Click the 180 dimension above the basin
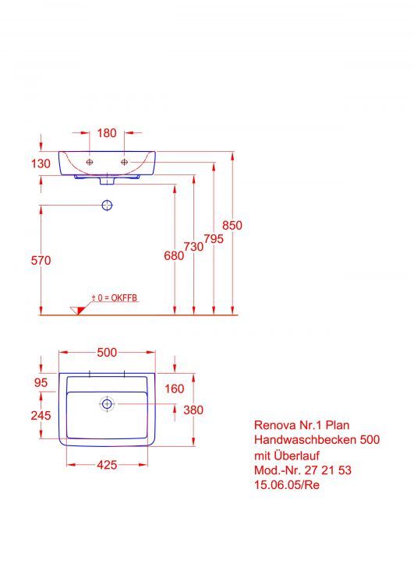107,133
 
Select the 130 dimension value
41,164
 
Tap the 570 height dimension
41,261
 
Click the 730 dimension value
193,246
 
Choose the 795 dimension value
214,240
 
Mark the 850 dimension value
232,225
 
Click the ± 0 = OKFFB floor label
115,298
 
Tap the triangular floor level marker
77,310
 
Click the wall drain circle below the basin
108,206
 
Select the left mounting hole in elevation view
90,162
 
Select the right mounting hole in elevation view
123,162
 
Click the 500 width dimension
107,353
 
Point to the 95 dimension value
41,382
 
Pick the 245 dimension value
41,416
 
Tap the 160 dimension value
174,389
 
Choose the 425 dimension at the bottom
107,465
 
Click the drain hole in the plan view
107,403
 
